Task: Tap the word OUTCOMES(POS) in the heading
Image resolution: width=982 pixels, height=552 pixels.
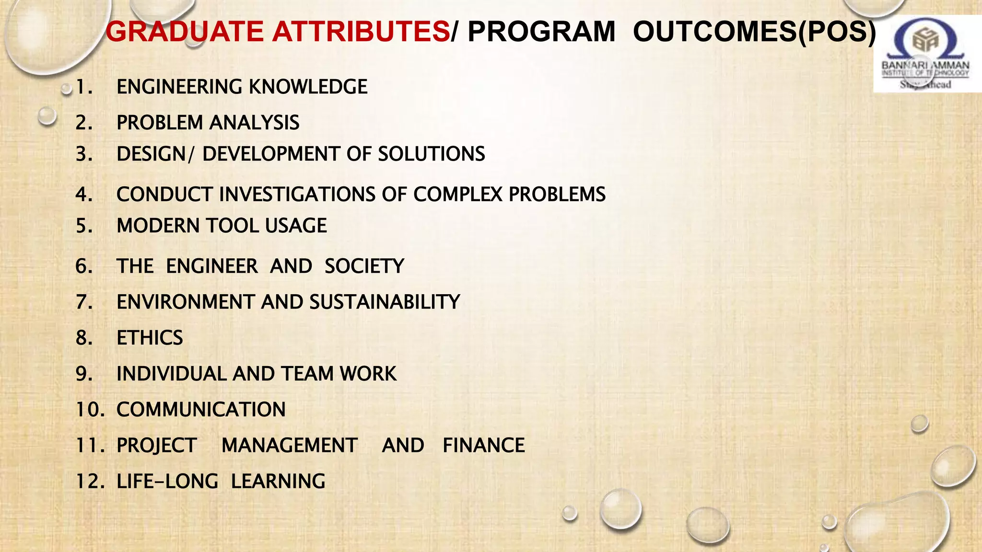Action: (x=754, y=32)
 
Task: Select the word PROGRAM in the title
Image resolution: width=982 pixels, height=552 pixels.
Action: (x=541, y=32)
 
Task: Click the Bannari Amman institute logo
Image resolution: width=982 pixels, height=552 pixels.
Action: (x=926, y=54)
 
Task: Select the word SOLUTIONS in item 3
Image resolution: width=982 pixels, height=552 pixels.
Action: (x=432, y=154)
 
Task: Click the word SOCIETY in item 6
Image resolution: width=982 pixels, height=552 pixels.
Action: (x=364, y=266)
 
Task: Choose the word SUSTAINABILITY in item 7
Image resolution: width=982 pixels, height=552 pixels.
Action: (x=385, y=302)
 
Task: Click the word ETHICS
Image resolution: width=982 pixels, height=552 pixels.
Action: (x=150, y=338)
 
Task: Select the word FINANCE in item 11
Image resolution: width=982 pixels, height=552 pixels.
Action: (x=483, y=446)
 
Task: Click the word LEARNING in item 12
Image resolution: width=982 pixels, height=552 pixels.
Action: (x=278, y=482)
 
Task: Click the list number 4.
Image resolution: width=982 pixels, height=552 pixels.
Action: (x=84, y=195)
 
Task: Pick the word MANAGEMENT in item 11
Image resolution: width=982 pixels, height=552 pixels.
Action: (x=290, y=446)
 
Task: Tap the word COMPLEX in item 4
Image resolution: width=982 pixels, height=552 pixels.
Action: (x=458, y=195)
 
